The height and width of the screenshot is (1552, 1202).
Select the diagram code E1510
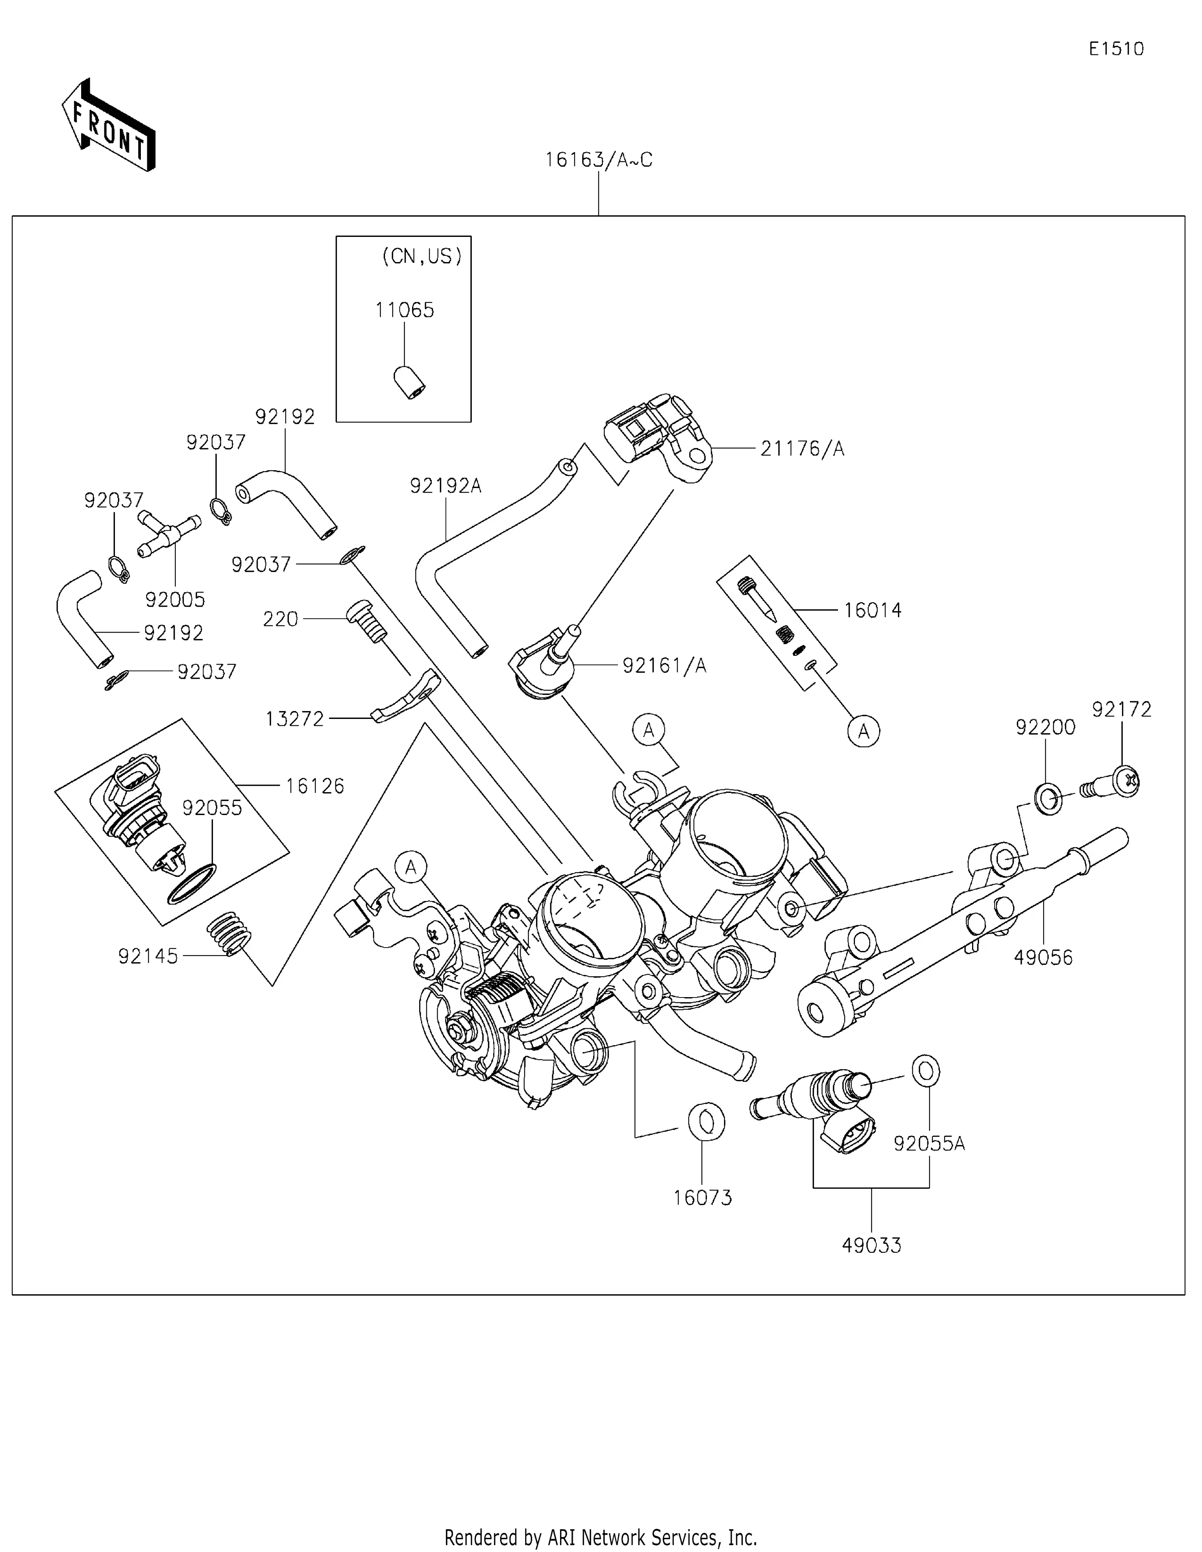[1116, 49]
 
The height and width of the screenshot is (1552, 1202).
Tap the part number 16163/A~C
[598, 160]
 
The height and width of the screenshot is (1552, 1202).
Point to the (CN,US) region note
[421, 256]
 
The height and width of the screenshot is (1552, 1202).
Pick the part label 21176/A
[802, 449]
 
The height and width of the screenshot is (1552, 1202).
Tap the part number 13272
[294, 720]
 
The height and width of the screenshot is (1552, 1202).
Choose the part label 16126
[315, 786]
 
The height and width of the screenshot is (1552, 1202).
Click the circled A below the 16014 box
[864, 731]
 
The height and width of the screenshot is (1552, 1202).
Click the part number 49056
[1043, 957]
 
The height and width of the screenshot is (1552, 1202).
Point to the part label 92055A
[929, 1144]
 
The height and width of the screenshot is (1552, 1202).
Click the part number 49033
[871, 1245]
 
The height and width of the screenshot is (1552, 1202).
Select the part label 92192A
[445, 486]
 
